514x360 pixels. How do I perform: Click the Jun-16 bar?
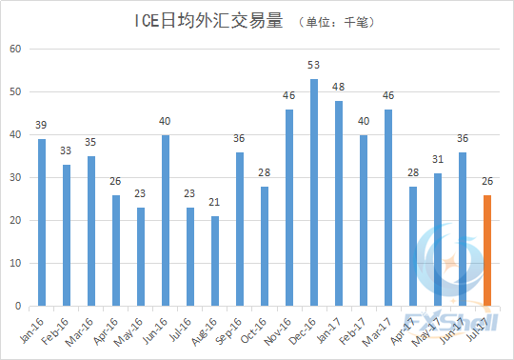point(166,220)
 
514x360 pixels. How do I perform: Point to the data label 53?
point(314,66)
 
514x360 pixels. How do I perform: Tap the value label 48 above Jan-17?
point(339,88)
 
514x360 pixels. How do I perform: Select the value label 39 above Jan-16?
point(42,126)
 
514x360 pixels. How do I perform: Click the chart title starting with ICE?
point(204,20)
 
